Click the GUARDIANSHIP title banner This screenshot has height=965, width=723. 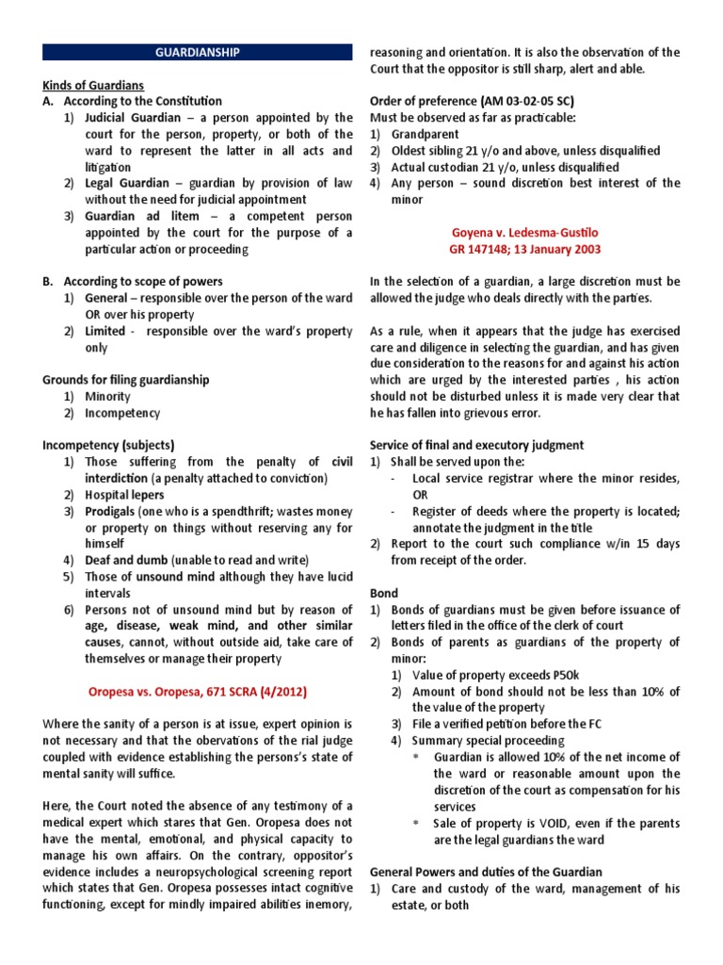click(198, 53)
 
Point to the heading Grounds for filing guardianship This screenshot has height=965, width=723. click(125, 380)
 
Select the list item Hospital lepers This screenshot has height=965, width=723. click(124, 495)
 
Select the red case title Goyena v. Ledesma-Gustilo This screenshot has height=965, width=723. click(525, 233)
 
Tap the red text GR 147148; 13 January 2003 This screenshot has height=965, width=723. click(525, 250)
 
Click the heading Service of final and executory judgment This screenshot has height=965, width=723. click(476, 445)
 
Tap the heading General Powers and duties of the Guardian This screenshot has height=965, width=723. click(485, 873)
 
